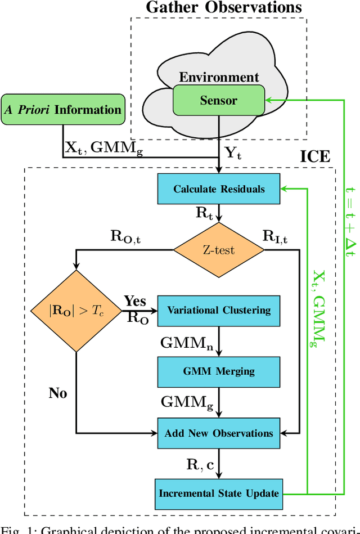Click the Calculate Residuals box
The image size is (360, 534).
click(x=219, y=189)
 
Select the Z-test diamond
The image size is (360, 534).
click(x=219, y=249)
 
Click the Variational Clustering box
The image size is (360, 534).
click(x=219, y=310)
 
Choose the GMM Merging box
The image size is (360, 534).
click(x=219, y=371)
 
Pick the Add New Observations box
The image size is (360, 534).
click(x=219, y=433)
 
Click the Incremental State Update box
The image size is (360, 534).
click(x=219, y=493)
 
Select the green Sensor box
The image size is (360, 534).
click(x=219, y=101)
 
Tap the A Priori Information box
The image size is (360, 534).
click(x=63, y=109)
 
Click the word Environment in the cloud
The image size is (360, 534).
click(x=219, y=77)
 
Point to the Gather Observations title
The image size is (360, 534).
click(x=224, y=7)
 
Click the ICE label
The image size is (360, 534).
click(x=315, y=156)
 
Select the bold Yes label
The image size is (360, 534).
click(x=134, y=300)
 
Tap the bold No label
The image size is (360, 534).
click(x=57, y=393)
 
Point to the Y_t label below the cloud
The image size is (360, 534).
click(x=233, y=152)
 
